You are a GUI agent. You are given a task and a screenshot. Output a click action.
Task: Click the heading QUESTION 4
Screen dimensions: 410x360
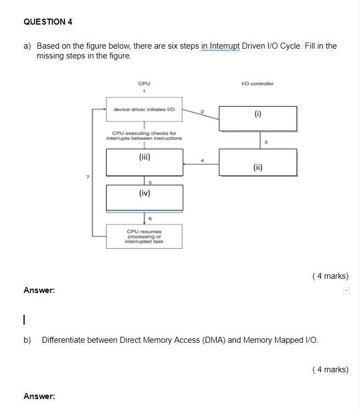[x=48, y=22]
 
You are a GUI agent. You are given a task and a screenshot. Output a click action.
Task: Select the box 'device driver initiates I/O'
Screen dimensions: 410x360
[x=144, y=109]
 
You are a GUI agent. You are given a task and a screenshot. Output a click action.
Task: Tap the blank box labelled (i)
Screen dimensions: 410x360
[x=258, y=118]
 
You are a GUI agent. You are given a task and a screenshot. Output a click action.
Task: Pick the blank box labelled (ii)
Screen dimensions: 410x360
[x=258, y=162]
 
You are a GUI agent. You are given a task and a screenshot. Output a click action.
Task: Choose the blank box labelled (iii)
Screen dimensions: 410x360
[x=144, y=162]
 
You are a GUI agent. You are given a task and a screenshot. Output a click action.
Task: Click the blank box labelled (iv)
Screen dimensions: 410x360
[x=144, y=197]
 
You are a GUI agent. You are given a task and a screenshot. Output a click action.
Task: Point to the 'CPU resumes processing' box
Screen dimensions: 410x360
[x=144, y=236]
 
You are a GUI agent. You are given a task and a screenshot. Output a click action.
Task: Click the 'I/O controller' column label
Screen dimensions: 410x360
[x=257, y=84]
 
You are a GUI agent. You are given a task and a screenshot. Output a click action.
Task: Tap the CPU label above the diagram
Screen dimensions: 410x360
[x=144, y=84]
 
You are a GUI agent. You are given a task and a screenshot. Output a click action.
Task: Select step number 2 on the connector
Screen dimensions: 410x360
[x=201, y=112]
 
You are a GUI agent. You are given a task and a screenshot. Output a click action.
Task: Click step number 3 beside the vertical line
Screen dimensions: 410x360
[x=266, y=142]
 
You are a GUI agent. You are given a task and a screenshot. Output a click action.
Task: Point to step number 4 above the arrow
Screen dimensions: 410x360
[x=202, y=160]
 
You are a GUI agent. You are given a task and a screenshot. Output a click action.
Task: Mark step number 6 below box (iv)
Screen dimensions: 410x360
[x=150, y=219]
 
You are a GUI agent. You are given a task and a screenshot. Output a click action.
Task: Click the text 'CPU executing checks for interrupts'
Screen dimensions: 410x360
[x=144, y=136]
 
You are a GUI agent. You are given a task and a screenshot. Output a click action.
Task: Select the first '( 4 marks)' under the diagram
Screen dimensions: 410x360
[x=330, y=276]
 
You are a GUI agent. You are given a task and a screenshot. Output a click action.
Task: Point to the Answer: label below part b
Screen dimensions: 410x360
[x=39, y=396]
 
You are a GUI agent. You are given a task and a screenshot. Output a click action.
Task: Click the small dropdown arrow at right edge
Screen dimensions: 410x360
[x=346, y=290]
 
